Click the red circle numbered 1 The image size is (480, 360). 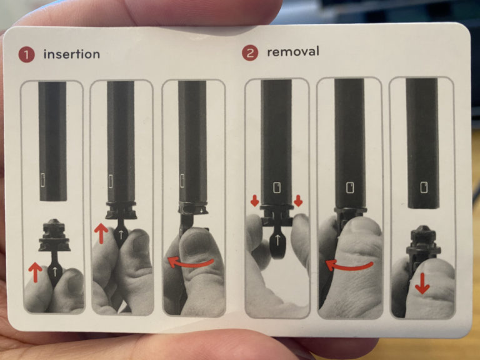[26, 54]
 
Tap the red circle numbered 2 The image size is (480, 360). [250, 53]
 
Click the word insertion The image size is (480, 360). [72, 54]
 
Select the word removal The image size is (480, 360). [293, 51]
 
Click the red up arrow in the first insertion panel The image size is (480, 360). [35, 272]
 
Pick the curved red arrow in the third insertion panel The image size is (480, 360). [191, 262]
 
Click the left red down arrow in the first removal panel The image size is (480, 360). [255, 201]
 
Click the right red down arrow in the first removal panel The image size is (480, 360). [298, 201]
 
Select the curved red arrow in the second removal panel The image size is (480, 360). [349, 266]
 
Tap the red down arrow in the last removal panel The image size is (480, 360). [422, 284]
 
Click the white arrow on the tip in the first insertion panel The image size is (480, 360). [55, 271]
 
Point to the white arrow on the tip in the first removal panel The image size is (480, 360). [277, 240]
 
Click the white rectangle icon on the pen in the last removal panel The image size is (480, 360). [424, 187]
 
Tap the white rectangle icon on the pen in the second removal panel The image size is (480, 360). [350, 187]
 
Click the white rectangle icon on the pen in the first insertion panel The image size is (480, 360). [43, 180]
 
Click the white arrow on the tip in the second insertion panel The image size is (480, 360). [121, 234]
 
